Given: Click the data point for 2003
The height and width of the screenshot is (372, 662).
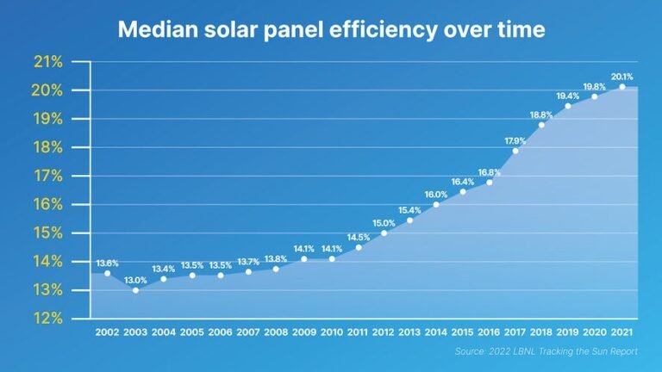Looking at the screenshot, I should pos(135,290).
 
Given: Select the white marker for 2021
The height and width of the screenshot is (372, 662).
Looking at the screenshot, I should pos(621,87).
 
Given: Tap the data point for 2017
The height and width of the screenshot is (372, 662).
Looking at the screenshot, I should pos(515,151).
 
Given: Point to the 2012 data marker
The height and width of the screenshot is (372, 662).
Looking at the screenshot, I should pos(384,232).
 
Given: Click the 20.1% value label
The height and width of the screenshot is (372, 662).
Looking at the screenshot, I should pos(621,77).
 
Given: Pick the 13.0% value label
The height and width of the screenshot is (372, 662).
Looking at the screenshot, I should pos(135,280).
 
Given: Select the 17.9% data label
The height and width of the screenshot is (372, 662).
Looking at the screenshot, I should pos(515,140).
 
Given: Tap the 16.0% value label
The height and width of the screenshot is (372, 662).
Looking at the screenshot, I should pos(436,194).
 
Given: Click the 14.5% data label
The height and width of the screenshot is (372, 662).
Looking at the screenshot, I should pos(359,237).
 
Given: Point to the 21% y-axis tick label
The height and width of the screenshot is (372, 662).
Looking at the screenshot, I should pos(48,62).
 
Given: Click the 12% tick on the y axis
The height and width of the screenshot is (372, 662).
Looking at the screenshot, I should pos(48,319).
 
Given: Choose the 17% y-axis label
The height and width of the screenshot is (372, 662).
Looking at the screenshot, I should pos(48,176).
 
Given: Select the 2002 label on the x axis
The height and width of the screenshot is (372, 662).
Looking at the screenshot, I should pos(108,332).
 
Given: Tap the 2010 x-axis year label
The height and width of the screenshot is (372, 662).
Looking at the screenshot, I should pos(332,332).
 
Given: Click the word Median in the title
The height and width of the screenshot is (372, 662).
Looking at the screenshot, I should pos(158,28).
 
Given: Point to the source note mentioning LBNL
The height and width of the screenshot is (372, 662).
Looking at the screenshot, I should pos(546,352).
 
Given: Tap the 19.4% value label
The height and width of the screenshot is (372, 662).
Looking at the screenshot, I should pos(568,96).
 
